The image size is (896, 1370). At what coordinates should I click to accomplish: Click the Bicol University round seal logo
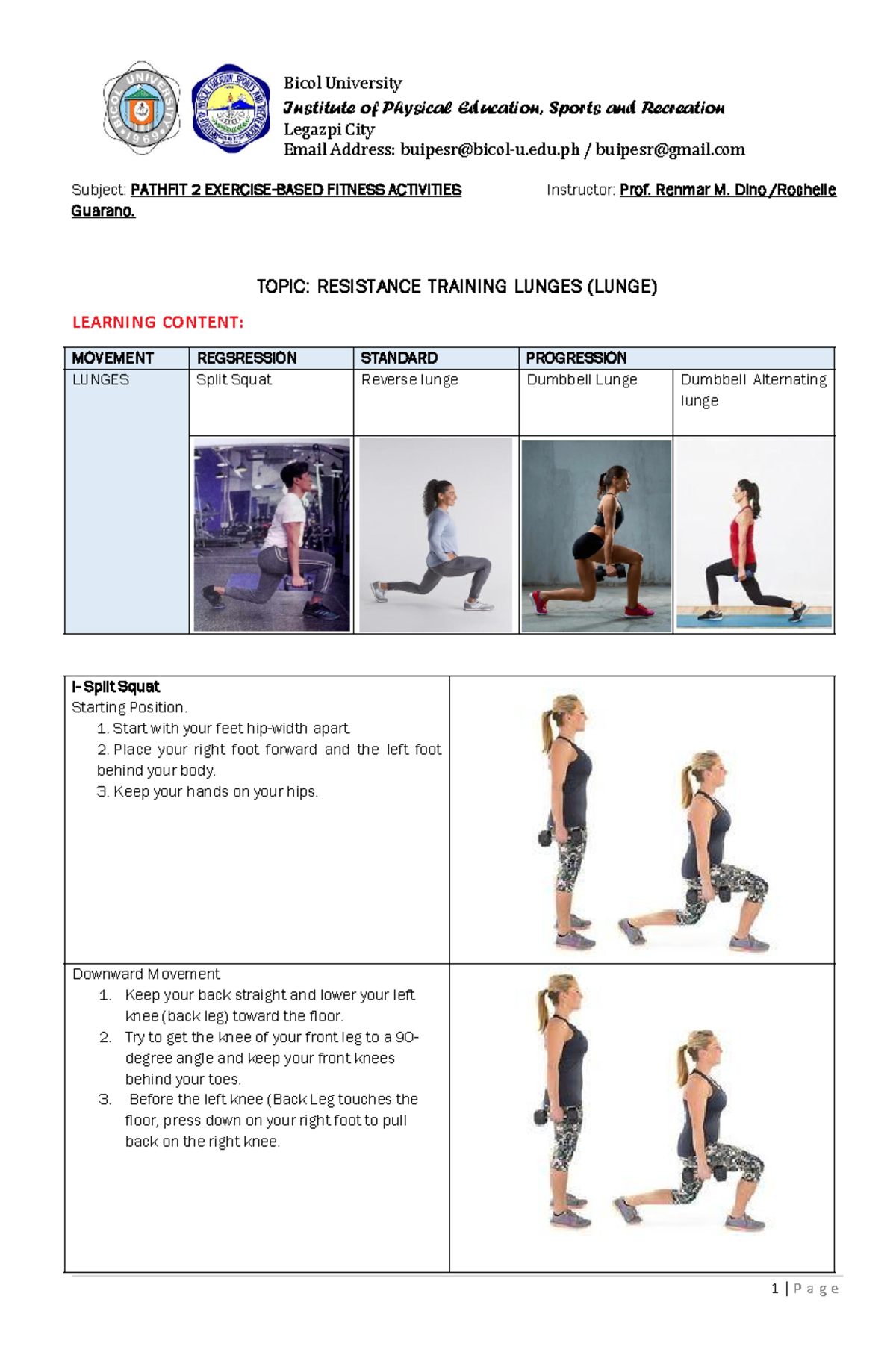point(141,108)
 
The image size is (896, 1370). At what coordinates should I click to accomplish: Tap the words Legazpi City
point(329,129)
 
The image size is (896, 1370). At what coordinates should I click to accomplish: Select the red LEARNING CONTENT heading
point(158,323)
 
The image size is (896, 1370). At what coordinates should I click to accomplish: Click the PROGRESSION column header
point(576,358)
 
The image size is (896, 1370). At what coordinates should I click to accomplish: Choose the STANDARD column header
point(399,358)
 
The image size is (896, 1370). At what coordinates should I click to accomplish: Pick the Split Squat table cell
point(234,380)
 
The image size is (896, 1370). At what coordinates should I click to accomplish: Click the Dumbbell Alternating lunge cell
point(753,390)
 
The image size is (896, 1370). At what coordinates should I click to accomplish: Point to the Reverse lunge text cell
point(409,380)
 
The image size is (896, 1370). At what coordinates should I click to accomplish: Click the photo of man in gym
point(271,535)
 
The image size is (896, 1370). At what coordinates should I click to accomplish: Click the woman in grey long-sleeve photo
point(436,535)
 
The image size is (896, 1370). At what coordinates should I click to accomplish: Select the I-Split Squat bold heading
point(116,687)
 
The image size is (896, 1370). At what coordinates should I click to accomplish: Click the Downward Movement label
point(146,974)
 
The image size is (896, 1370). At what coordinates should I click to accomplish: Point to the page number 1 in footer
point(775,1289)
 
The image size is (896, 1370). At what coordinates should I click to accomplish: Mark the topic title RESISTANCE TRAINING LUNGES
point(456,287)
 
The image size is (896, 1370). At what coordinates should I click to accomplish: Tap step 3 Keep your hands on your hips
point(208,792)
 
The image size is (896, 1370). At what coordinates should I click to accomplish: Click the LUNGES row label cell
point(101,380)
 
